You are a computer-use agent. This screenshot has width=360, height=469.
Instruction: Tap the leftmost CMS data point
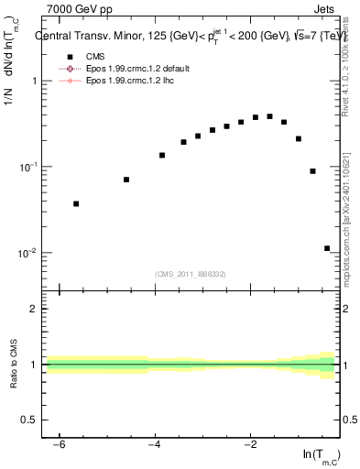coord(76,203)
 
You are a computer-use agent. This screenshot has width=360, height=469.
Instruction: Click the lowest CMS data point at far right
coord(327,248)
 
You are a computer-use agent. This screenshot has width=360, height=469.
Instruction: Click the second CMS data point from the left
coord(126,180)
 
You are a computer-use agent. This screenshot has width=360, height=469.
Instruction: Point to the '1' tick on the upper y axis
coord(32,81)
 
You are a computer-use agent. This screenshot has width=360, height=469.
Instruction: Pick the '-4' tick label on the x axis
coord(155,443)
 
